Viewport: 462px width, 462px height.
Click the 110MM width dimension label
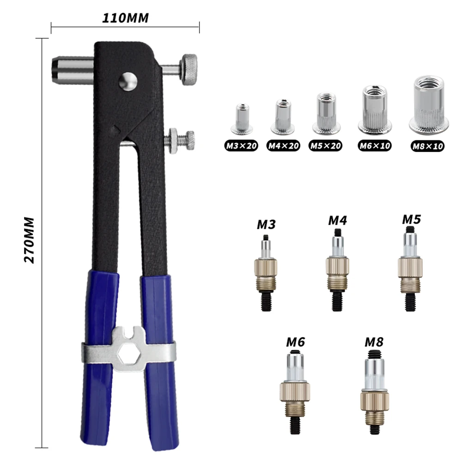pos(125,19)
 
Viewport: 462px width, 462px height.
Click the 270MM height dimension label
pos(30,239)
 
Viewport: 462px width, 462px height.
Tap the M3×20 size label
pos(241,146)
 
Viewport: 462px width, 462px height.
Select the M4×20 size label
pos(284,146)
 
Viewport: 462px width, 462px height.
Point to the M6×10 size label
pos(375,146)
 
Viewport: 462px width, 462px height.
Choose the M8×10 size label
pos(427,146)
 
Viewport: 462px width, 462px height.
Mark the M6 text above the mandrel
pos(296,342)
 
